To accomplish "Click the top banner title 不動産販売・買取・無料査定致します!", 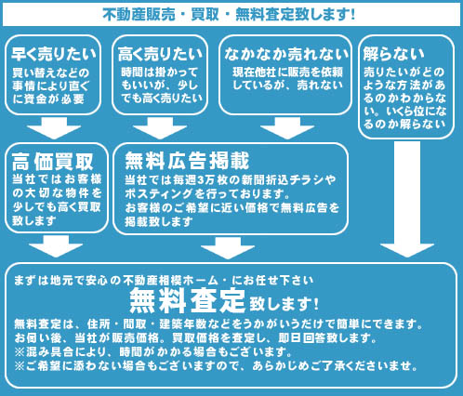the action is (229, 15).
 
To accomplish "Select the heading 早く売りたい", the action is (54, 54).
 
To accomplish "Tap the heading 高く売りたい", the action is (160, 54).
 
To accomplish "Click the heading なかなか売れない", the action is (286, 54).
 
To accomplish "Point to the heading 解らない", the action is (393, 54).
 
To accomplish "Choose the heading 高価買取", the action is (53, 162).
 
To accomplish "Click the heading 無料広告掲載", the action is (187, 161).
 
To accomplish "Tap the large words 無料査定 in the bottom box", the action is (187, 300).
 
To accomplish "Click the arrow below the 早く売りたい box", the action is (54, 128).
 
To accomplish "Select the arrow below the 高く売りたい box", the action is (160, 128).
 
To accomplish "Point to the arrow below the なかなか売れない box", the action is (287, 128).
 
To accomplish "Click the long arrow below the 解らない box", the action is (407, 199).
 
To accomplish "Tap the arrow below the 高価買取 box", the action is (56, 246).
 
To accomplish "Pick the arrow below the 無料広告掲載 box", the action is (228, 248).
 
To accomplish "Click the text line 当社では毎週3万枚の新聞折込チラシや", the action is (231, 179).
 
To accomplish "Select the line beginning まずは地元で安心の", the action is (164, 281).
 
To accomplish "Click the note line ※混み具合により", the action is (153, 351).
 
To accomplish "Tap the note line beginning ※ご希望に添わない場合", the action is (216, 366).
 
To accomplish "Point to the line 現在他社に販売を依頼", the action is (287, 73).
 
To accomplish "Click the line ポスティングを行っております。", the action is (207, 193).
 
